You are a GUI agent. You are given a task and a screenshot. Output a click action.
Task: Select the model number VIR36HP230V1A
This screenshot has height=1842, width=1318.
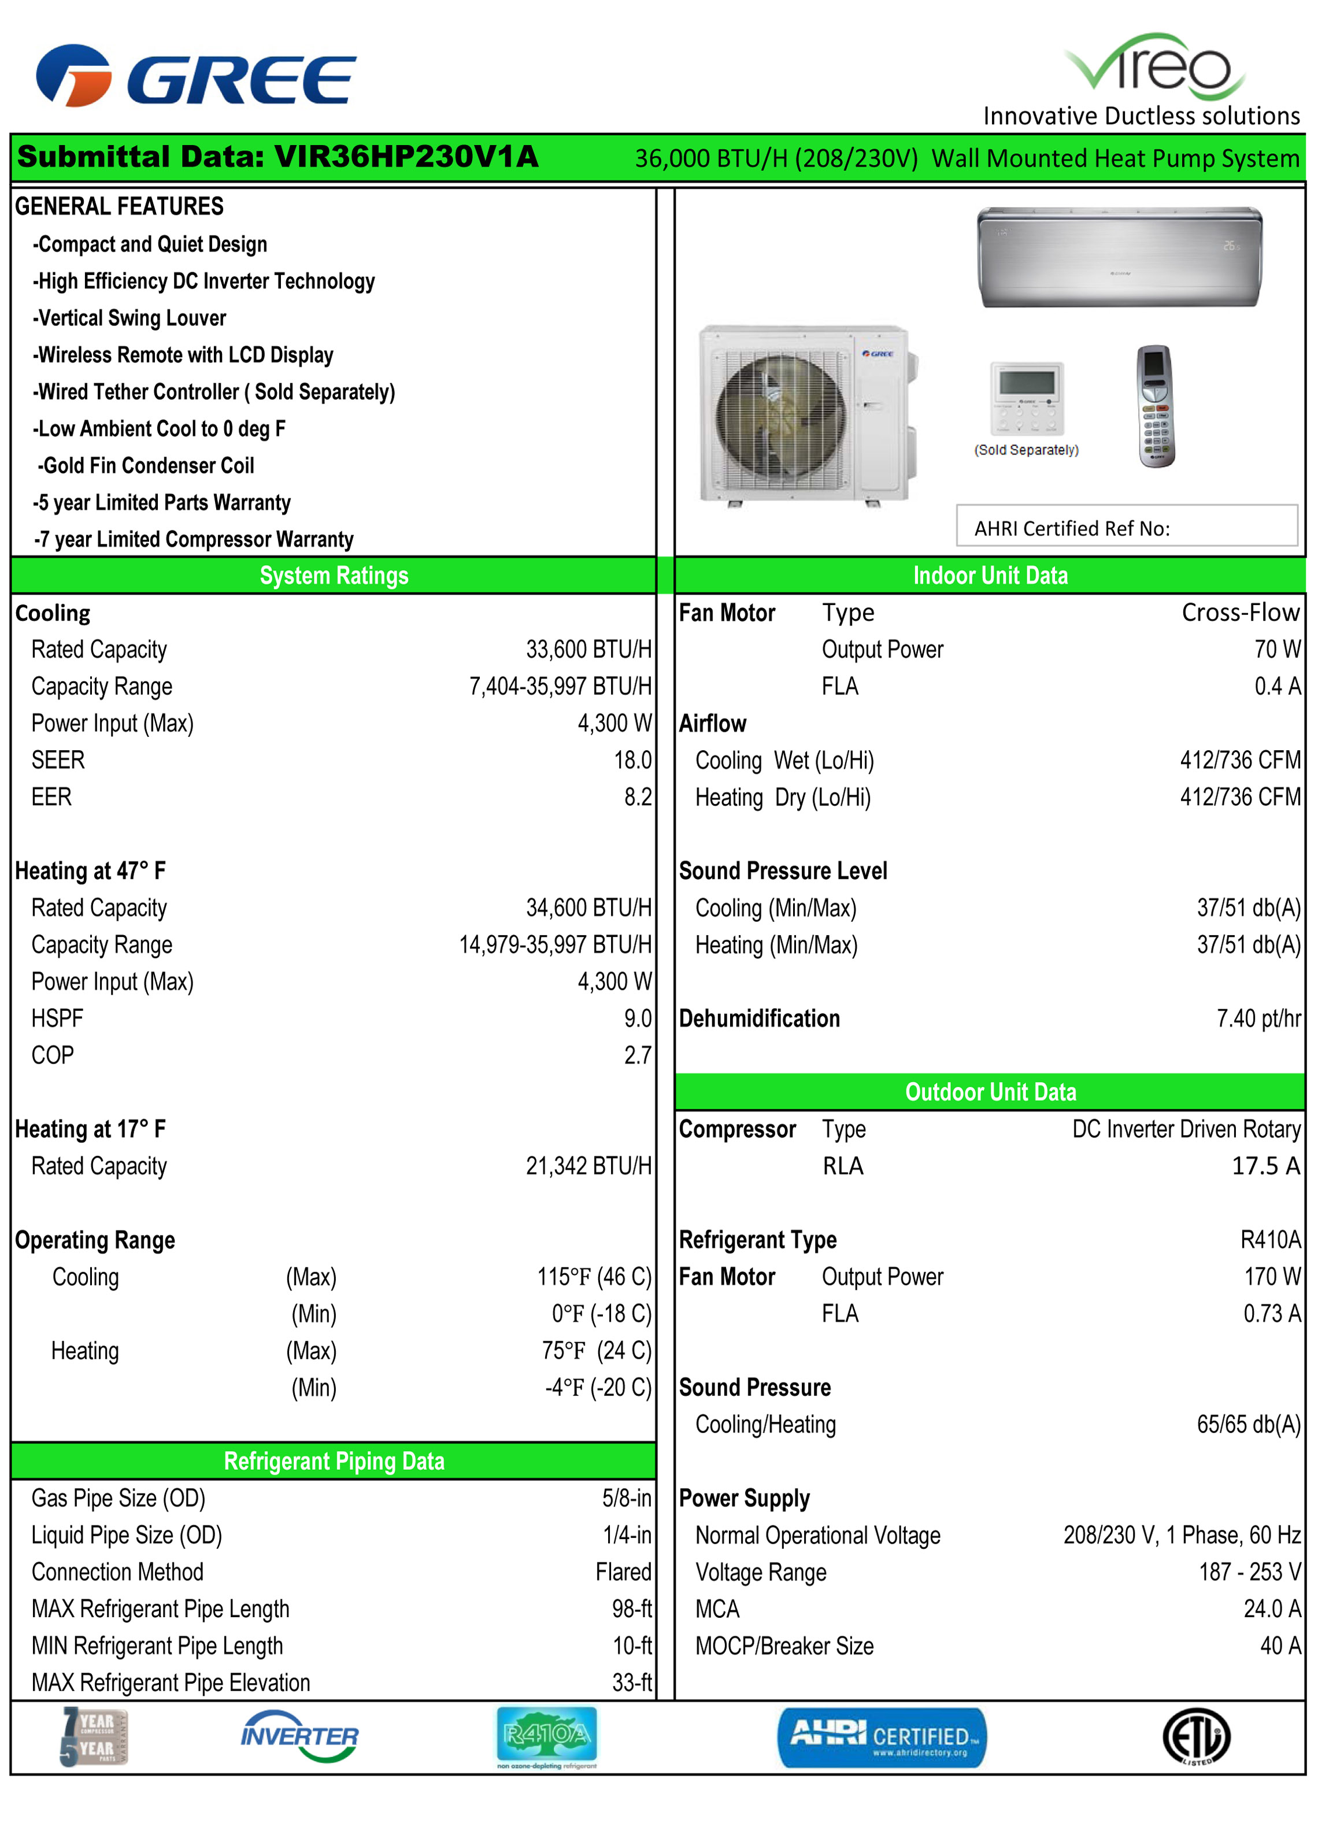(x=406, y=157)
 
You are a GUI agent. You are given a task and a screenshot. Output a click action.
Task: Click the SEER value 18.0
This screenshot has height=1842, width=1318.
(x=632, y=761)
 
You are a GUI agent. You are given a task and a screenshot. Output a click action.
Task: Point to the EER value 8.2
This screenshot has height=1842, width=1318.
(x=638, y=797)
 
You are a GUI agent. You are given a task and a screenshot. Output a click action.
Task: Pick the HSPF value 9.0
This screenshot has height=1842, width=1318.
(x=637, y=1018)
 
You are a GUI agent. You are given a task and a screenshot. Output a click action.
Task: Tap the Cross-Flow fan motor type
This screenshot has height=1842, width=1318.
(x=1240, y=613)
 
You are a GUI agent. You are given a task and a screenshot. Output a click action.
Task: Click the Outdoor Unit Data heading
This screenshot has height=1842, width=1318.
(x=990, y=1092)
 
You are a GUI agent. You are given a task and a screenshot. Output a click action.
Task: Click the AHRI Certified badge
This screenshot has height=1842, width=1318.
(x=882, y=1737)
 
